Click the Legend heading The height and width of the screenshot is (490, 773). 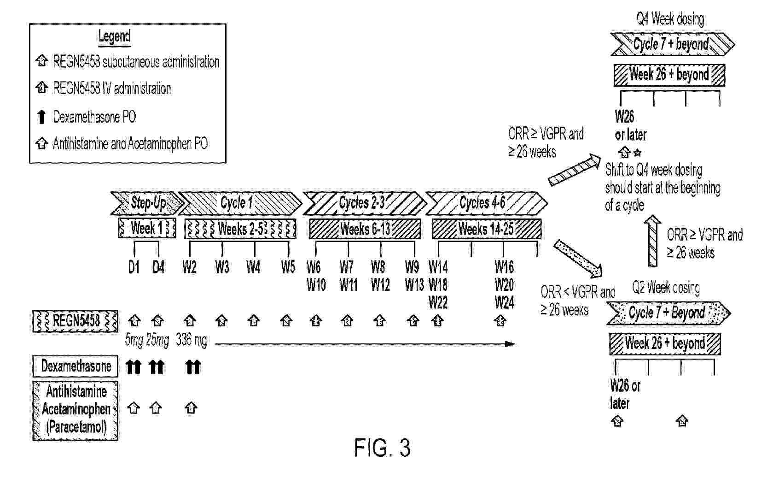coord(114,36)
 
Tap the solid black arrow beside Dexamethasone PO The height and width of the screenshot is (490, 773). coord(41,117)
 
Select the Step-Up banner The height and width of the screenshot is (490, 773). coord(146,203)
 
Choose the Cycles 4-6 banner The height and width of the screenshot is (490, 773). coord(485,203)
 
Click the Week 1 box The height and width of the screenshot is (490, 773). coord(147,229)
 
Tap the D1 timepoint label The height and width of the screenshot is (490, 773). coord(134,267)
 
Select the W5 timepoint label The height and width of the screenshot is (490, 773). coord(288,267)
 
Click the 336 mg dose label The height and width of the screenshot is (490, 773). coord(191,340)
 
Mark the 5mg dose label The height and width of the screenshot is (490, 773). coord(134,341)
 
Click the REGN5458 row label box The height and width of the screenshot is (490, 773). coord(76,321)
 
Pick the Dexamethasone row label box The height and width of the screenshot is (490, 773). coord(76,366)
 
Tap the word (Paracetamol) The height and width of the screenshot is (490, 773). coord(76,427)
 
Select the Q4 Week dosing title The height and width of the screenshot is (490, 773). coord(670,19)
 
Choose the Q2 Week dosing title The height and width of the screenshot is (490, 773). coord(666,288)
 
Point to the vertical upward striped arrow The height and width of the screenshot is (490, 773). coord(653,241)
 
